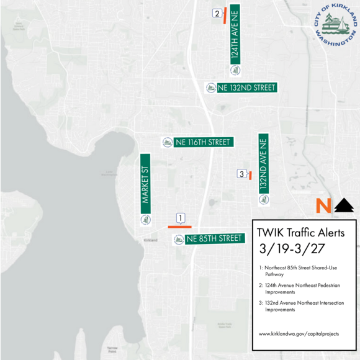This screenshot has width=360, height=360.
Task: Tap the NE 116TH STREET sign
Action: (197, 142)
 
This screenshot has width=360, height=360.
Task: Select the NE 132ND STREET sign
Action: (241, 88)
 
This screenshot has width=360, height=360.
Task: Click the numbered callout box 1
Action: (180, 218)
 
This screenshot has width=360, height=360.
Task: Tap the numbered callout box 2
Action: (217, 13)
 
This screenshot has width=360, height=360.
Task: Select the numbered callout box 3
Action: (241, 174)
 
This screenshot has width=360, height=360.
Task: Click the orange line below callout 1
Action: (179, 227)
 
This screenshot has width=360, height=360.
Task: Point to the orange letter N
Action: (323, 205)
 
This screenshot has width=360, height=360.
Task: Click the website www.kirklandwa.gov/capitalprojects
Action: (299, 333)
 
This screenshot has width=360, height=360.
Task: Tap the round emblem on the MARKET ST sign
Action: (146, 220)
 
